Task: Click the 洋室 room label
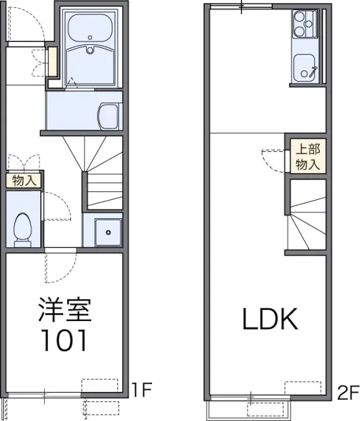[x=65, y=310]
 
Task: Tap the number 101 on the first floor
[x=64, y=340]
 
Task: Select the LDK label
[x=270, y=319]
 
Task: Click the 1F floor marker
[x=142, y=389]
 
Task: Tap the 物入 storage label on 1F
[x=24, y=181]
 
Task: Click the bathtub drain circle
[x=90, y=37]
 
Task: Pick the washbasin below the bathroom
[x=109, y=116]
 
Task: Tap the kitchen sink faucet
[x=313, y=72]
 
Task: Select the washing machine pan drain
[x=109, y=232]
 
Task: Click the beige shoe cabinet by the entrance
[x=53, y=61]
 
